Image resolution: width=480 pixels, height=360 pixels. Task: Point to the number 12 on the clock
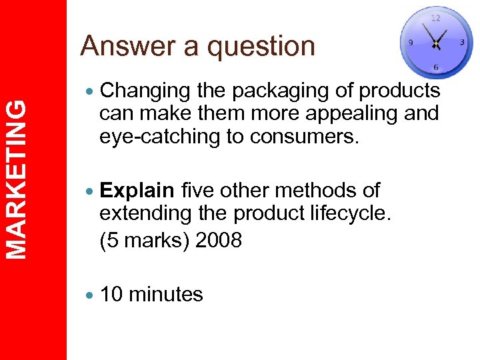tap(435, 17)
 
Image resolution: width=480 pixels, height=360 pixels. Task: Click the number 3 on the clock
tap(462, 42)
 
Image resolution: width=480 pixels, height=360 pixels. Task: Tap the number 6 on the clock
tap(435, 67)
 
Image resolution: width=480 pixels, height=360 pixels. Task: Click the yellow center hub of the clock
tap(435, 44)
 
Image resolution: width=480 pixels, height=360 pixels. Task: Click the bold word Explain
tap(137, 191)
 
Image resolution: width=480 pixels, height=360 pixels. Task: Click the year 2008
tap(219, 239)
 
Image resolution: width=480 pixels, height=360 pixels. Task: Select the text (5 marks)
tap(144, 239)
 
